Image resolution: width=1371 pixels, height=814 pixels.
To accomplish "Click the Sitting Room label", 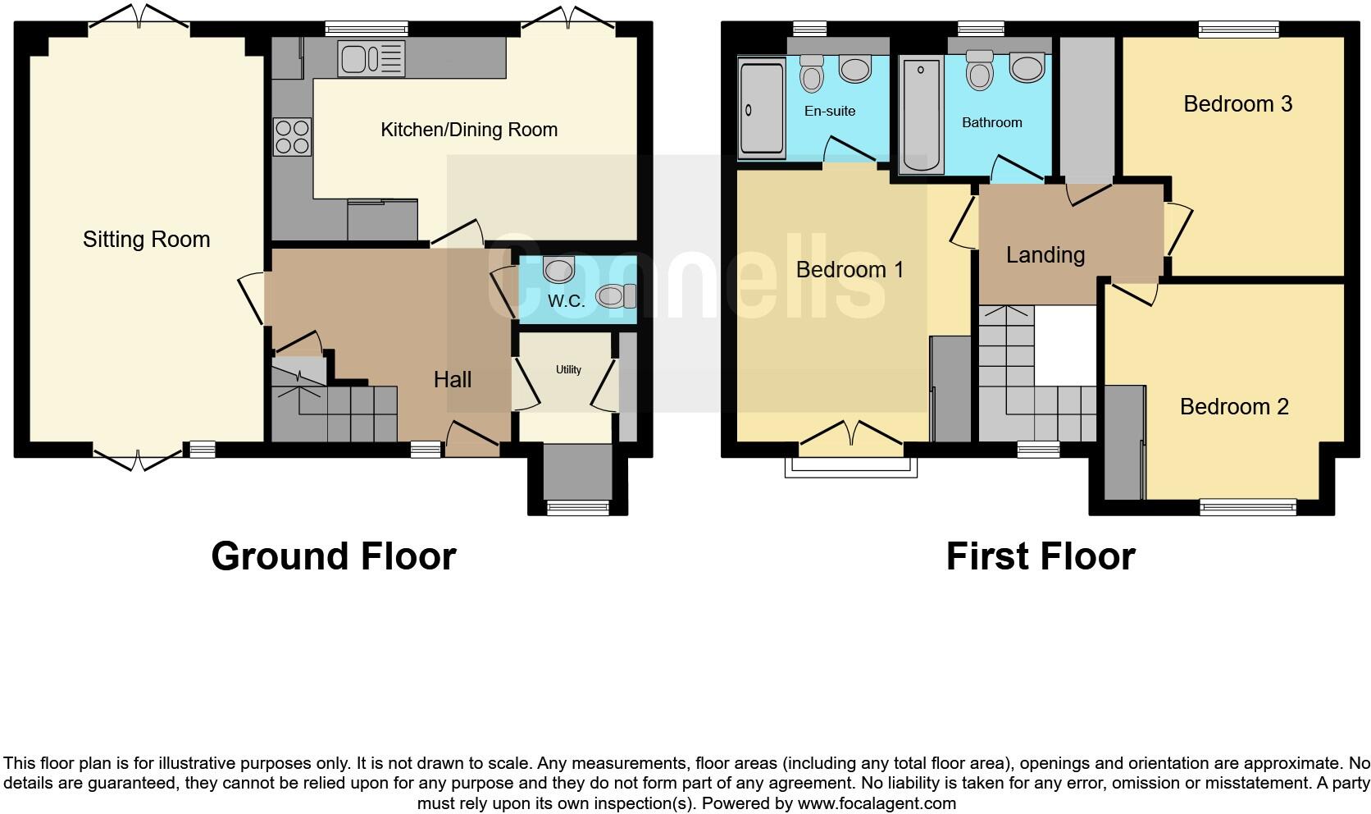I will tap(146, 240).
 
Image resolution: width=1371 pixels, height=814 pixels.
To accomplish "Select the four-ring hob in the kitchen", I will tap(293, 136).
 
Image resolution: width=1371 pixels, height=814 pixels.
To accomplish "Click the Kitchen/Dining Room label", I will tap(469, 130).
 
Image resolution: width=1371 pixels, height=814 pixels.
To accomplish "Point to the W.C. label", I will tap(566, 301).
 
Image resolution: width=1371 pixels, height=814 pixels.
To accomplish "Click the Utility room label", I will tap(568, 370).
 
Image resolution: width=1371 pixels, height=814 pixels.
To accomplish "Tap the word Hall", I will tap(452, 379).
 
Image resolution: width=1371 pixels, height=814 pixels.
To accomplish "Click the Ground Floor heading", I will tap(333, 556).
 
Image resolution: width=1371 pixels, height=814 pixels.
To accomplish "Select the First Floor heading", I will tap(1040, 556).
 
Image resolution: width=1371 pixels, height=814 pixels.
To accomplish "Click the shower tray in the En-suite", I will tap(762, 107).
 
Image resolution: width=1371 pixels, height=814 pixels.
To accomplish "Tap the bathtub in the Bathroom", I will tap(921, 115).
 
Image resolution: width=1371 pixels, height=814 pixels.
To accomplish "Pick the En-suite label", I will tap(829, 111).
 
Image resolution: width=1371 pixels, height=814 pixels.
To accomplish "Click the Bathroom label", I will tap(991, 122).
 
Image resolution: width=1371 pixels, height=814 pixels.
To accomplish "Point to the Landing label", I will tap(1045, 254).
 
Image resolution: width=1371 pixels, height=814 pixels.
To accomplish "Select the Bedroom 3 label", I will tap(1237, 103).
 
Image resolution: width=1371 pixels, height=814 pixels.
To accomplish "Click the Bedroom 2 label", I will tap(1233, 406).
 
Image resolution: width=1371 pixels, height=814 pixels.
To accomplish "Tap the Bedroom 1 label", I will tap(849, 269).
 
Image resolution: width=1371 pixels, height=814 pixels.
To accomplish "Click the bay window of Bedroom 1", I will tap(850, 466).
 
